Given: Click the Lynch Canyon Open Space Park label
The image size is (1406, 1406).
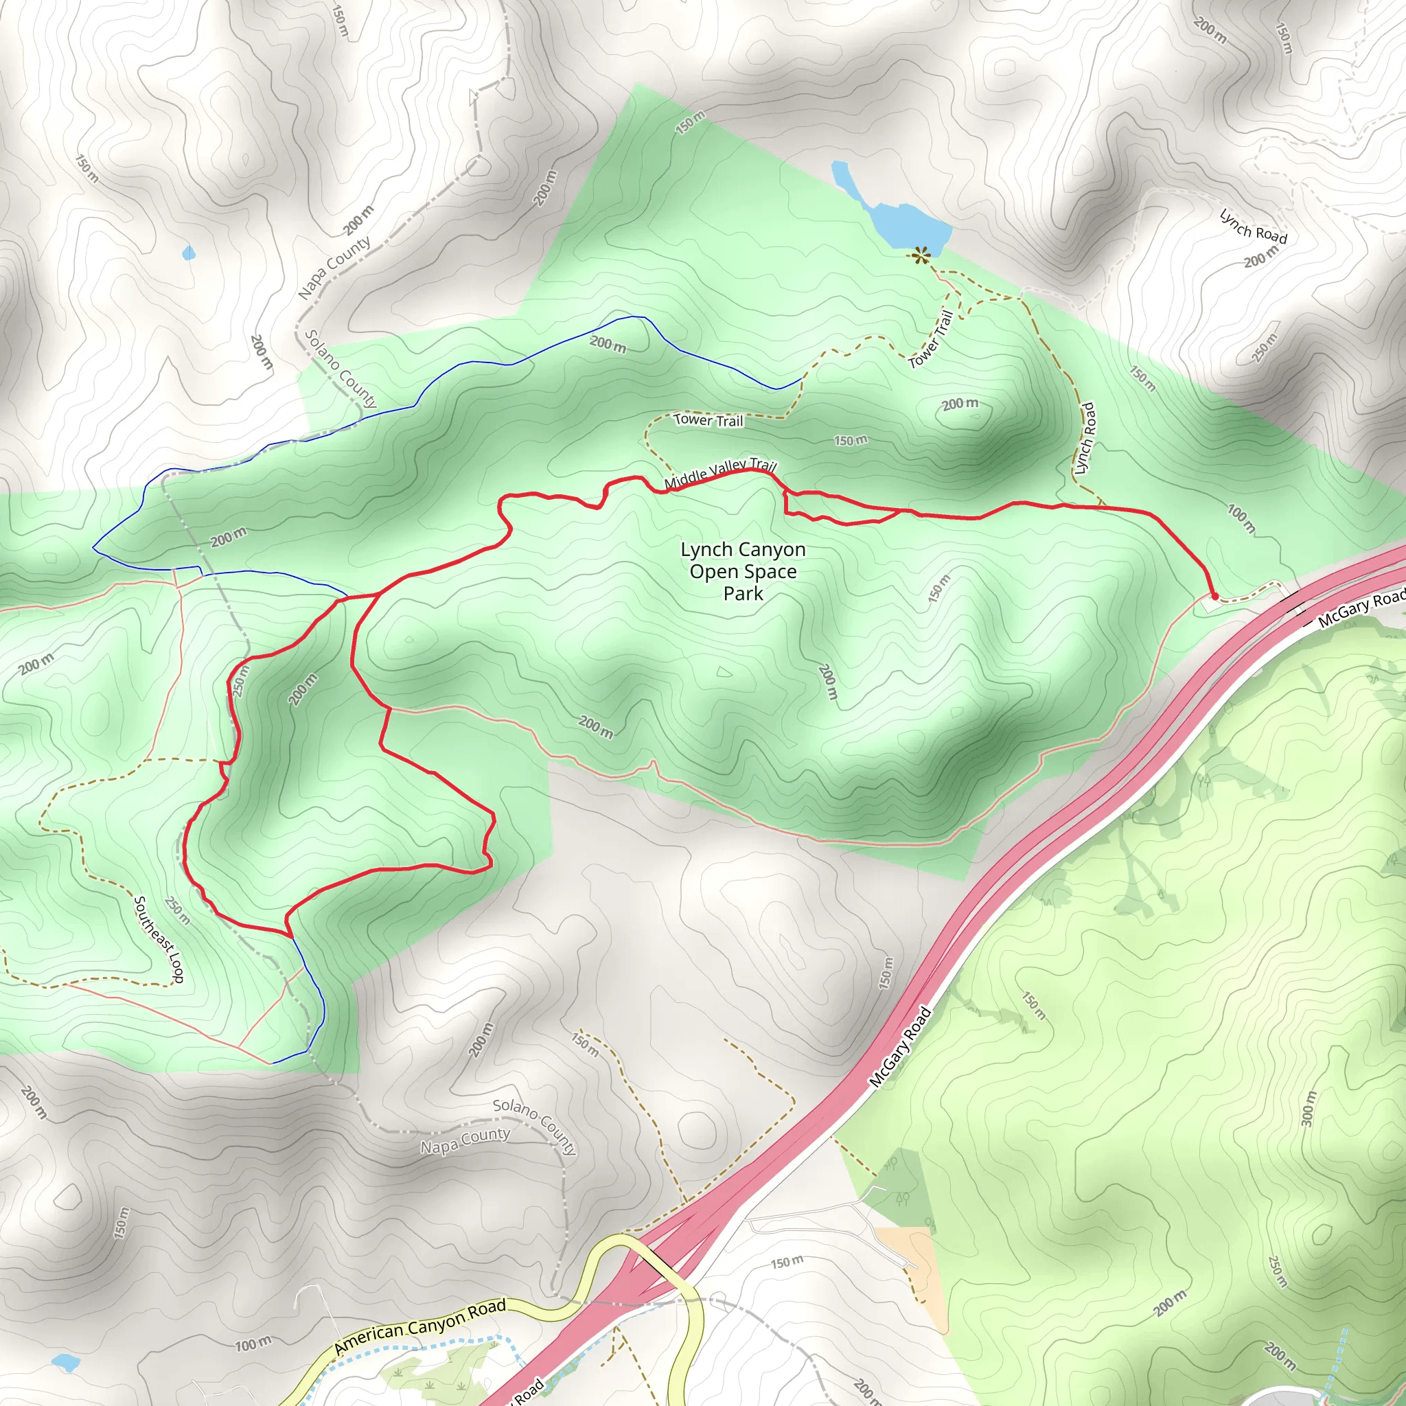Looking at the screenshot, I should click(742, 571).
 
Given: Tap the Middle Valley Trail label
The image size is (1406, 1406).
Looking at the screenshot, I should click(719, 474).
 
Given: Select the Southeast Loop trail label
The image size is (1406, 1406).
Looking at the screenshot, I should click(159, 938).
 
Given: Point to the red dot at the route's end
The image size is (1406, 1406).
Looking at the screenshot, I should click(1214, 597).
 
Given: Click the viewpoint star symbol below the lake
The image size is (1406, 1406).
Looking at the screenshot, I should click(921, 255).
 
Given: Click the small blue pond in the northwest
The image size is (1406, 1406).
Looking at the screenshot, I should click(189, 253).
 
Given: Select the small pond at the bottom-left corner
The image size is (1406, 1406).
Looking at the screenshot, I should click(65, 1361).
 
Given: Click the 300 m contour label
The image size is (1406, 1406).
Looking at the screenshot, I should click(1309, 1108).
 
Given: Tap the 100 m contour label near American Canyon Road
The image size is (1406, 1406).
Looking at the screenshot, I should click(253, 1344).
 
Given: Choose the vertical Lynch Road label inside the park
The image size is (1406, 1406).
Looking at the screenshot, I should click(1084, 438).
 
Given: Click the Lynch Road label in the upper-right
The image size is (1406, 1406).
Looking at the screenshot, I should click(1253, 227).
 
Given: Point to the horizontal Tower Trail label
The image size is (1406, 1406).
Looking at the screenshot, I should click(708, 420).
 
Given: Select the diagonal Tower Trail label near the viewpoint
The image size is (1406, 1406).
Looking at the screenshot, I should click(932, 339).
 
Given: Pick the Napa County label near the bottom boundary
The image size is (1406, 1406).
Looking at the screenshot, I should click(465, 1141).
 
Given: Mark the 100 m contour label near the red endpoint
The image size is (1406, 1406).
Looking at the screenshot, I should click(1241, 518).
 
